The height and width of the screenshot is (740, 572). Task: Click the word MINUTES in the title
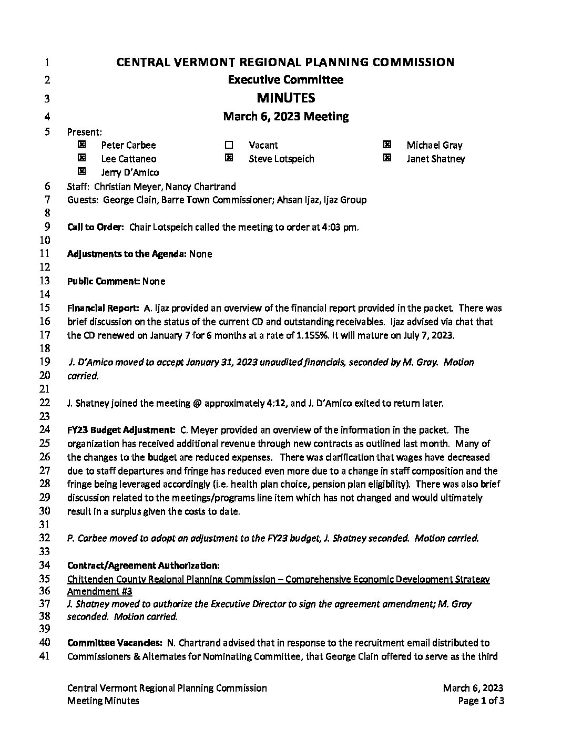tap(285, 98)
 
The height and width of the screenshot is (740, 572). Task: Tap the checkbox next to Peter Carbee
tap(81, 144)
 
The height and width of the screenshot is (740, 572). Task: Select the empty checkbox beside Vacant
tap(229, 145)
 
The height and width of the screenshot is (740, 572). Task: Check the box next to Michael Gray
tap(387, 144)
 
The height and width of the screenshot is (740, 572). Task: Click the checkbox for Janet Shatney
tap(387, 158)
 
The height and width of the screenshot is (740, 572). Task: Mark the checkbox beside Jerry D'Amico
tap(81, 171)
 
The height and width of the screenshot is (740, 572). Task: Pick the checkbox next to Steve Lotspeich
tap(229, 158)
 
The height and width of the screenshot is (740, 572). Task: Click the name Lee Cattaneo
tap(128, 159)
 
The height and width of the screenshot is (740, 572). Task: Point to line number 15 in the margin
tap(45, 308)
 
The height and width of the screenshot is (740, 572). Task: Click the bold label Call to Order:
tap(96, 227)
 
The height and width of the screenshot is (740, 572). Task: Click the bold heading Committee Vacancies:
tap(115, 642)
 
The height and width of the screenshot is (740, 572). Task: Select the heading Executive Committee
tap(285, 80)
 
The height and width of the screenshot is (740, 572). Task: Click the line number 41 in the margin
tap(45, 655)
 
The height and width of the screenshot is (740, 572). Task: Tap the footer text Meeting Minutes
tap(103, 701)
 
